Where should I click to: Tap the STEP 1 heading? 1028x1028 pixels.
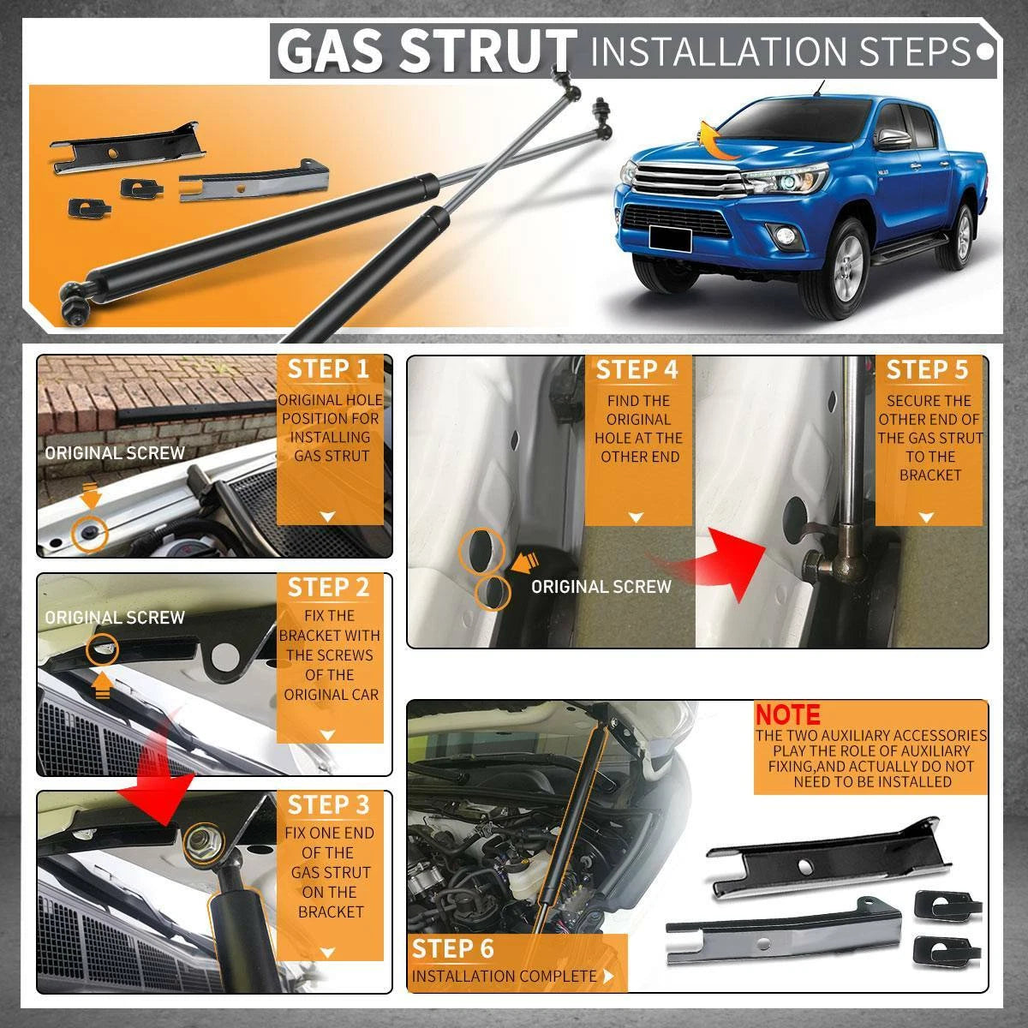point(328,369)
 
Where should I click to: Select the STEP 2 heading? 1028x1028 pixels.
point(328,588)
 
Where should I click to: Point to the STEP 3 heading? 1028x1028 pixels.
point(328,805)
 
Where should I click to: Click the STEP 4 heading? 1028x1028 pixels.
point(637,370)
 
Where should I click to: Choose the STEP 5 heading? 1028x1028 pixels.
point(927,370)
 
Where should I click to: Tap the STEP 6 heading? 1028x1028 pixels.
point(453,949)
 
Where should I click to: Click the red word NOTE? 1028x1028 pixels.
point(787,714)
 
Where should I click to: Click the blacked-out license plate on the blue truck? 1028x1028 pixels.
point(670,237)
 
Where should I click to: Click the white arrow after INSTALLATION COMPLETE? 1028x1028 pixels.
point(607,977)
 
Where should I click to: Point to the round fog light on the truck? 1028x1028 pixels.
point(783,234)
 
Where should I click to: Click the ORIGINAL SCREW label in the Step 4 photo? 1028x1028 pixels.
point(601,587)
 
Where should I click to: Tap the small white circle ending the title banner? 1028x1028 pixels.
point(985,51)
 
